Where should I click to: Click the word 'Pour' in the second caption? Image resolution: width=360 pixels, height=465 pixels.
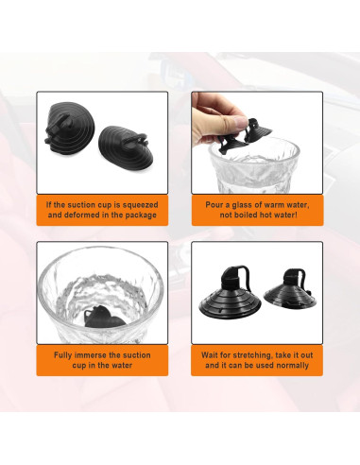(x=214, y=204)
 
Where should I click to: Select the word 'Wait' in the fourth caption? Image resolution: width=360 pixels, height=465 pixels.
(x=212, y=354)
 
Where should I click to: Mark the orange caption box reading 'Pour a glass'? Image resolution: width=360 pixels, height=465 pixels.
(x=256, y=210)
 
